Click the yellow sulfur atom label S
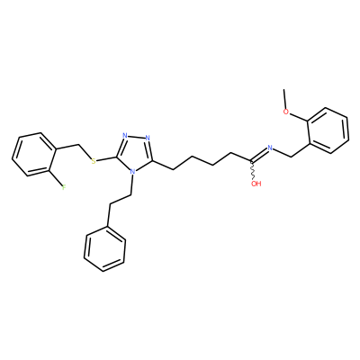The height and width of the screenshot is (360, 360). pyautogui.click(x=94, y=161)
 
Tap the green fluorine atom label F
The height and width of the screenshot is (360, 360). pyautogui.click(x=64, y=188)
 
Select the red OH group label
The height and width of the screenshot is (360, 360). pyautogui.click(x=256, y=184)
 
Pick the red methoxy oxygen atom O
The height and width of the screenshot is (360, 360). pyautogui.click(x=286, y=112)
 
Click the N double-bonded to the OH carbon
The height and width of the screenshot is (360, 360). pyautogui.click(x=270, y=148)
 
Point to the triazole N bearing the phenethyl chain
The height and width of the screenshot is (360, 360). pyautogui.click(x=132, y=173)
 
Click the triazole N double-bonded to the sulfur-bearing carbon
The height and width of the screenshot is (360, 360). pyautogui.click(x=125, y=135)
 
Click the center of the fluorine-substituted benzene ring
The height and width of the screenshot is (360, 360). pyautogui.click(x=34, y=154)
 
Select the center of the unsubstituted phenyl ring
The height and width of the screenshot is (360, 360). pyautogui.click(x=104, y=249)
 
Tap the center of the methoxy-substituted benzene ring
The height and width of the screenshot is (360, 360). pyautogui.click(x=328, y=130)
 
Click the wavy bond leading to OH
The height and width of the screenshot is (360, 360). pyautogui.click(x=253, y=171)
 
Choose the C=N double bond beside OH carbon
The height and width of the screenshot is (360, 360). pyautogui.click(x=259, y=156)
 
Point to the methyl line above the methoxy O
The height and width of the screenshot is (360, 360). pyautogui.click(x=284, y=99)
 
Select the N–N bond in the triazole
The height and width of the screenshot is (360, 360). pyautogui.click(x=136, y=137)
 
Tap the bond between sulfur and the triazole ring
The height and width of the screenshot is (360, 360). pyautogui.click(x=107, y=159)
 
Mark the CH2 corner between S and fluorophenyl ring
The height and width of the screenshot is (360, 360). pyautogui.click(x=79, y=146)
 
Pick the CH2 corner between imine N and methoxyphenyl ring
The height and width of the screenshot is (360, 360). pyautogui.click(x=292, y=156)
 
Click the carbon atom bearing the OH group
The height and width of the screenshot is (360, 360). pyautogui.click(x=252, y=162)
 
